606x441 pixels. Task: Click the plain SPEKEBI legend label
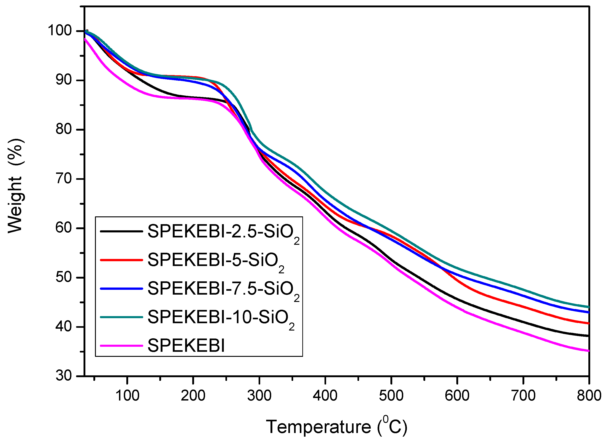[186, 346]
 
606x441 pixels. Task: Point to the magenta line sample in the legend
[122, 346]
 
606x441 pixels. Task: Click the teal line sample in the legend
[122, 317]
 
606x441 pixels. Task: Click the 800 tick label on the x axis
[589, 395]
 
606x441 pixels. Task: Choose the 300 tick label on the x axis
[259, 395]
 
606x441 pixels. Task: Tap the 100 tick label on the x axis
[127, 395]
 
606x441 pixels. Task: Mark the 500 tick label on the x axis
[391, 395]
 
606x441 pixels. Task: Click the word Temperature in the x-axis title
[319, 427]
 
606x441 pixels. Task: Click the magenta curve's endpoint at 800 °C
[588, 351]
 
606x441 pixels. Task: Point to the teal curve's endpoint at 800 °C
[588, 307]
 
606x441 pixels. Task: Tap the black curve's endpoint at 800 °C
[588, 336]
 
